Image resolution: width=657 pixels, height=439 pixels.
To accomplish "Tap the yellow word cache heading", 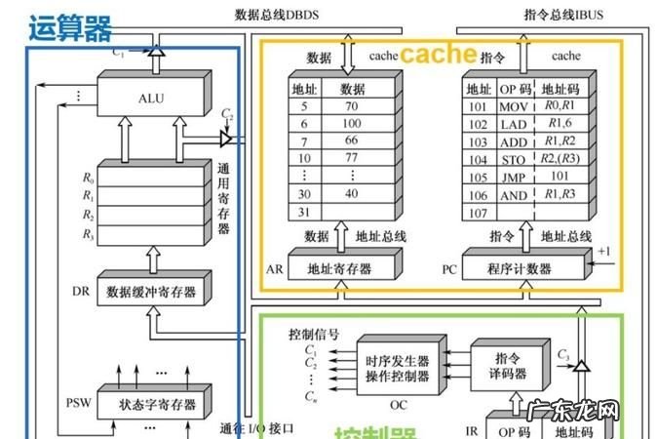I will pos(439,55).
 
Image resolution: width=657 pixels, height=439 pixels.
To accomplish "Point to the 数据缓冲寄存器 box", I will pos(151,292).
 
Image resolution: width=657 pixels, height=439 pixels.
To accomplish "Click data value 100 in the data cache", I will pos(352,124).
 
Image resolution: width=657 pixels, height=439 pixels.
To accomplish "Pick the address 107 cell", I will pos(478,212).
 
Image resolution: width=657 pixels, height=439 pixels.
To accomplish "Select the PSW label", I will pos(78,402).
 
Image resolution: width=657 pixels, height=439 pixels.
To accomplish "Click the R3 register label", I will pos(89,234).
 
